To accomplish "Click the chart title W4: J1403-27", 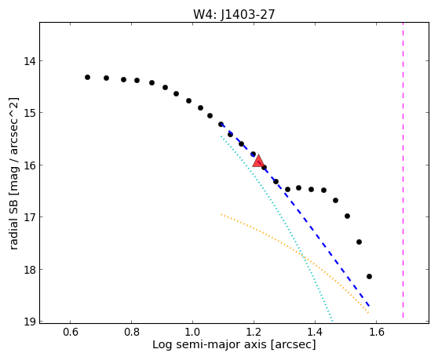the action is (234, 14).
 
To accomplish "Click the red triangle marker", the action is (258, 161).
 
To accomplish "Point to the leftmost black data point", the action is (87, 78).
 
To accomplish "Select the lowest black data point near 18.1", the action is (369, 277).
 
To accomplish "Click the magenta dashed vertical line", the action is (403, 170).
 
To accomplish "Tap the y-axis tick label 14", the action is (29, 61).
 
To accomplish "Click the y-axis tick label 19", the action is (29, 322).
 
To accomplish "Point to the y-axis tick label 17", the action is (29, 217).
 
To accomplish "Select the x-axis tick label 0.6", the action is (70, 332).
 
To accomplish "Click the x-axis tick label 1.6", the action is (376, 332).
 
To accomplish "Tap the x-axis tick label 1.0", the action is (192, 332).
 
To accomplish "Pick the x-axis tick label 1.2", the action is (254, 332).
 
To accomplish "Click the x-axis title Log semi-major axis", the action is (210, 345).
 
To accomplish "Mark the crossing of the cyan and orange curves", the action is (303, 256).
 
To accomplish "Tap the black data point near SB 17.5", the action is (360, 242).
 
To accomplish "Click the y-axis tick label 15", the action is (29, 113).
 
